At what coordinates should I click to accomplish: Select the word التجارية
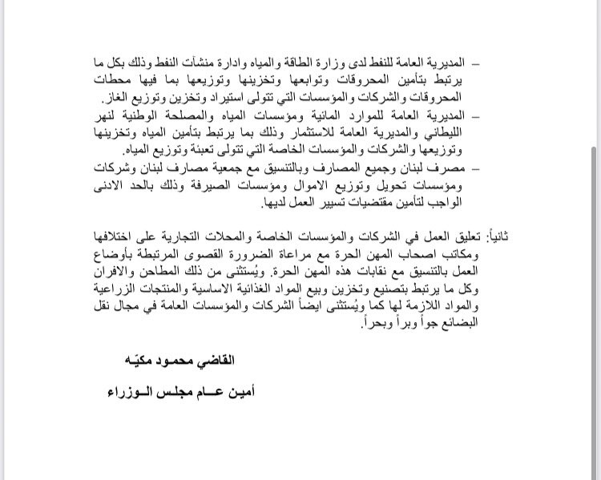click(x=207, y=239)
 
